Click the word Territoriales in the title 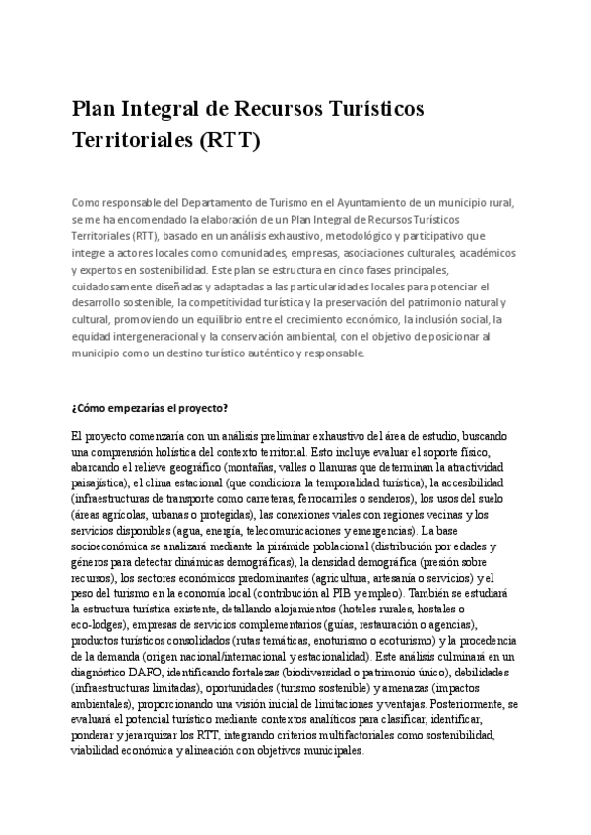[x=132, y=140]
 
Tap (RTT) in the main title [x=229, y=140]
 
